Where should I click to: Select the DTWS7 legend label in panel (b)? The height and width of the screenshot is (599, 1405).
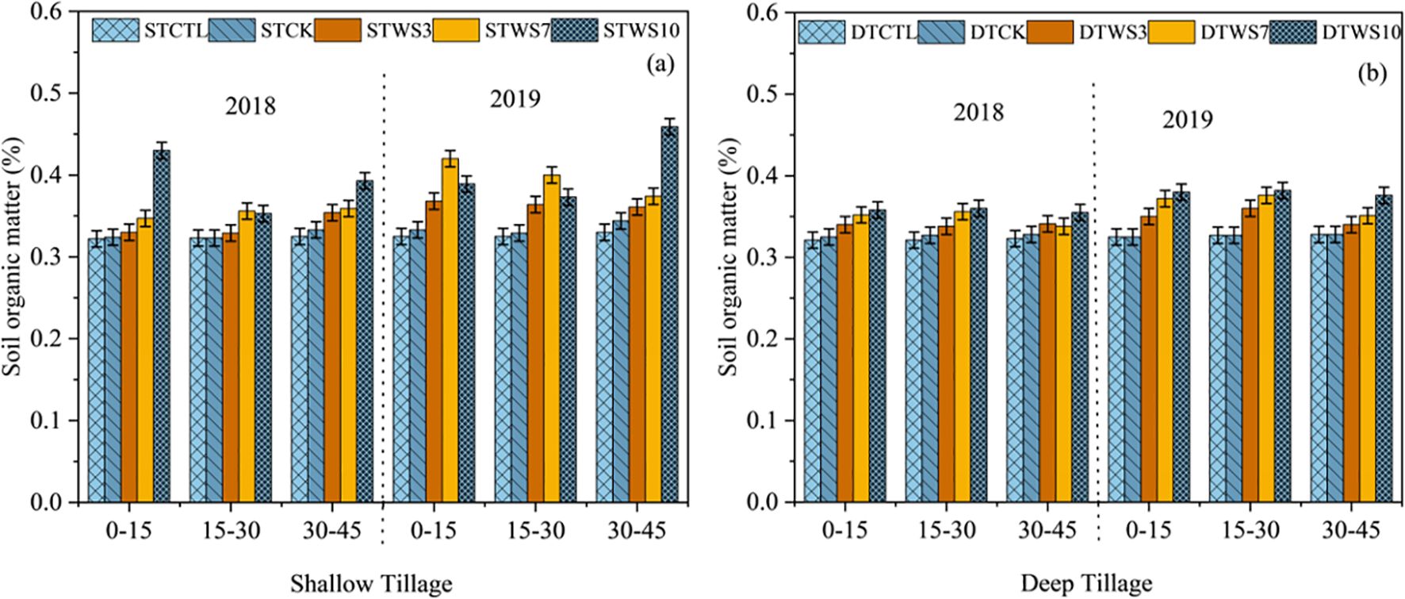(1231, 32)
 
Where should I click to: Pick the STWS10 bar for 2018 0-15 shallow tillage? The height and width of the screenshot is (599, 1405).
(162, 325)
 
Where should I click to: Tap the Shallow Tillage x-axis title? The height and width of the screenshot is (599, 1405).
(371, 585)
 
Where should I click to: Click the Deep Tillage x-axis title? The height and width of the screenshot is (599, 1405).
(1086, 585)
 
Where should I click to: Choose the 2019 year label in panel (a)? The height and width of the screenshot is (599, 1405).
(515, 98)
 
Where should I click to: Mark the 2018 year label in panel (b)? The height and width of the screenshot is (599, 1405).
(978, 111)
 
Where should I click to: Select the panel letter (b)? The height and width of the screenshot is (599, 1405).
(1371, 73)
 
